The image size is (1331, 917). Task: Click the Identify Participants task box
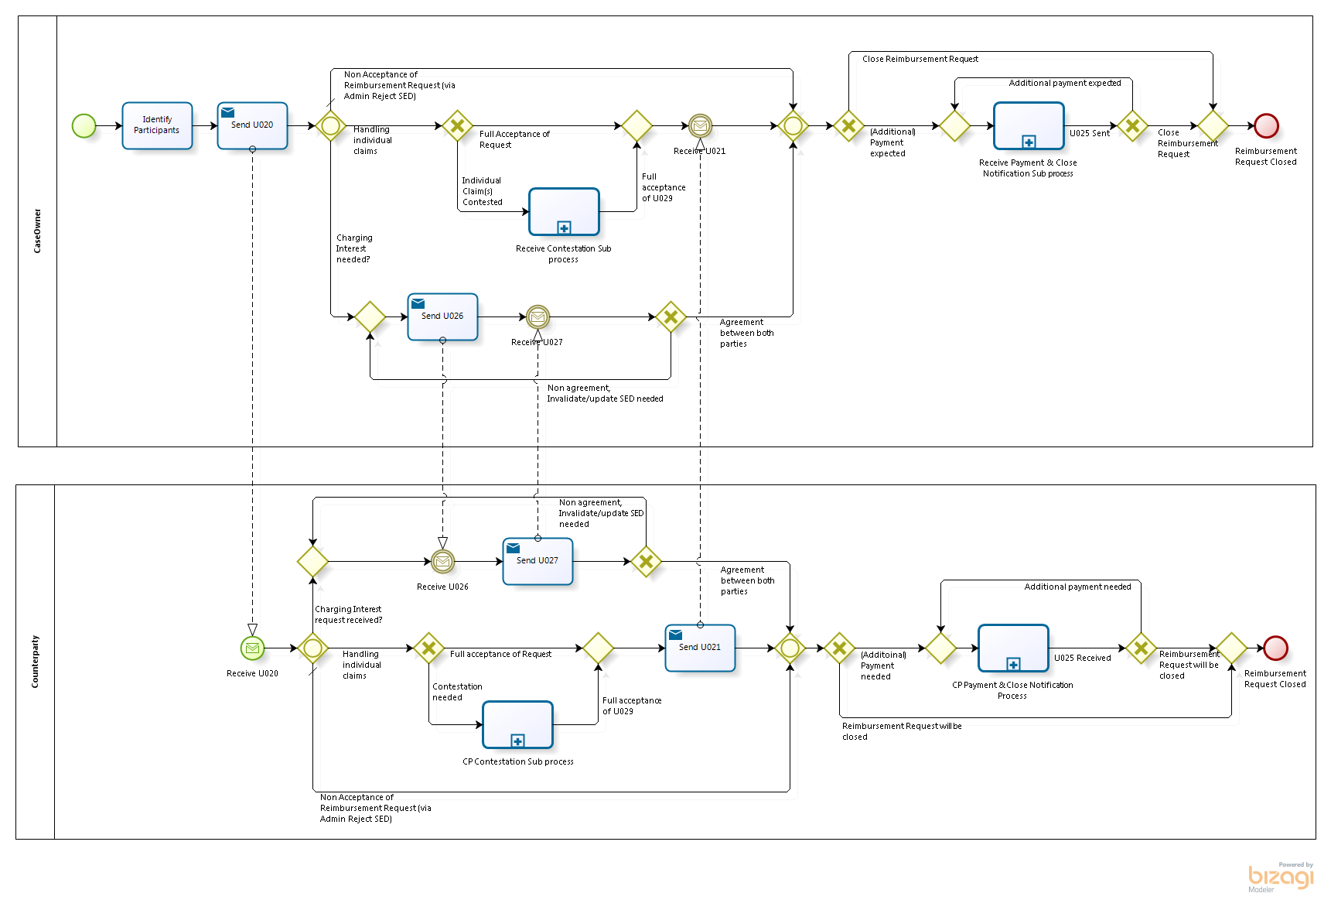click(x=157, y=125)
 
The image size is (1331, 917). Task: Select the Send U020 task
click(x=252, y=125)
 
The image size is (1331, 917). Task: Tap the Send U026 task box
click(x=442, y=317)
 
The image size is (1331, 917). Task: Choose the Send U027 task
click(x=538, y=561)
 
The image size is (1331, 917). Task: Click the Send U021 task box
click(x=700, y=648)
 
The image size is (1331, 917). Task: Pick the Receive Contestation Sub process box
click(x=564, y=211)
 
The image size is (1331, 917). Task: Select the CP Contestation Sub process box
click(x=517, y=724)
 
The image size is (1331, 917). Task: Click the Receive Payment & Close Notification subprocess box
click(x=1029, y=125)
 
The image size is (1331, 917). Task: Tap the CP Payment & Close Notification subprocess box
click(x=1013, y=648)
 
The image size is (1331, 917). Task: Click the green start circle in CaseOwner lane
click(x=84, y=125)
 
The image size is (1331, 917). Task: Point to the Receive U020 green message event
click(x=252, y=648)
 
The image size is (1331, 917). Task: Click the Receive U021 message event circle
click(x=700, y=125)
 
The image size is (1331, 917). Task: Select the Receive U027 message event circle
click(x=538, y=317)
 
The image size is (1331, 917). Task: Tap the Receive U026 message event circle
click(x=442, y=561)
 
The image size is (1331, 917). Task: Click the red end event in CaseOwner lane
click(x=1266, y=125)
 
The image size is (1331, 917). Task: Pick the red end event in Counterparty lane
click(x=1275, y=648)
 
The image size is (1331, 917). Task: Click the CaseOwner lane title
click(x=37, y=231)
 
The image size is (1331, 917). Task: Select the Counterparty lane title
click(x=35, y=662)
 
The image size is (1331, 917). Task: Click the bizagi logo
click(x=1281, y=878)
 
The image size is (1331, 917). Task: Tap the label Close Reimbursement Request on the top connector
click(x=920, y=59)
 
